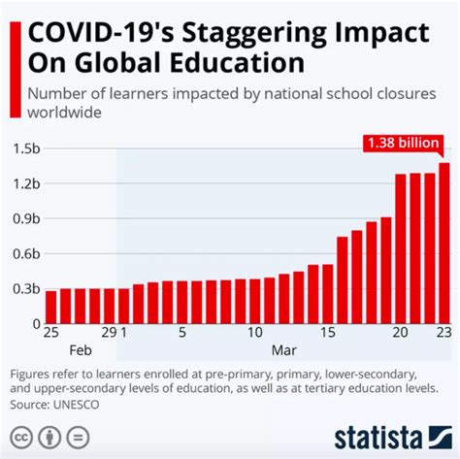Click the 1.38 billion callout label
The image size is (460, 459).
click(x=401, y=144)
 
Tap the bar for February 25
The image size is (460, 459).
click(x=51, y=307)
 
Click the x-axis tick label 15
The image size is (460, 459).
click(x=327, y=332)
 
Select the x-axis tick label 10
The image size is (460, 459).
click(x=254, y=332)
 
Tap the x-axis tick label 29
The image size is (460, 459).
click(x=109, y=332)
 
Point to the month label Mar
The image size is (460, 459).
click(x=283, y=349)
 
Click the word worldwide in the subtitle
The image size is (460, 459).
click(x=66, y=113)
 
